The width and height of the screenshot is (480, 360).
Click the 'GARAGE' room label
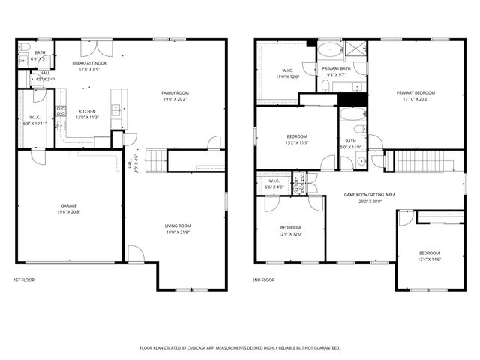[69, 206]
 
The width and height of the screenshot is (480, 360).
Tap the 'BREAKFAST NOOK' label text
[89, 63]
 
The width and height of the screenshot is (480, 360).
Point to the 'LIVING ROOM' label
[178, 226]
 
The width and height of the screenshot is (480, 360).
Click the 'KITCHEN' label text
[88, 111]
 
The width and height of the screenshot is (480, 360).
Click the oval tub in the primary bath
[328, 52]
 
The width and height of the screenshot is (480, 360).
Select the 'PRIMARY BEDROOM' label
[416, 92]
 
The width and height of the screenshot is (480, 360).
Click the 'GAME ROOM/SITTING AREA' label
[370, 194]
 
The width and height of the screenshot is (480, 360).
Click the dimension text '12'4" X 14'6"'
[429, 259]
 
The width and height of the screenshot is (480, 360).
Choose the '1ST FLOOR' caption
[24, 280]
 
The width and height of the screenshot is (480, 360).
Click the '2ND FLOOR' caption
[263, 280]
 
